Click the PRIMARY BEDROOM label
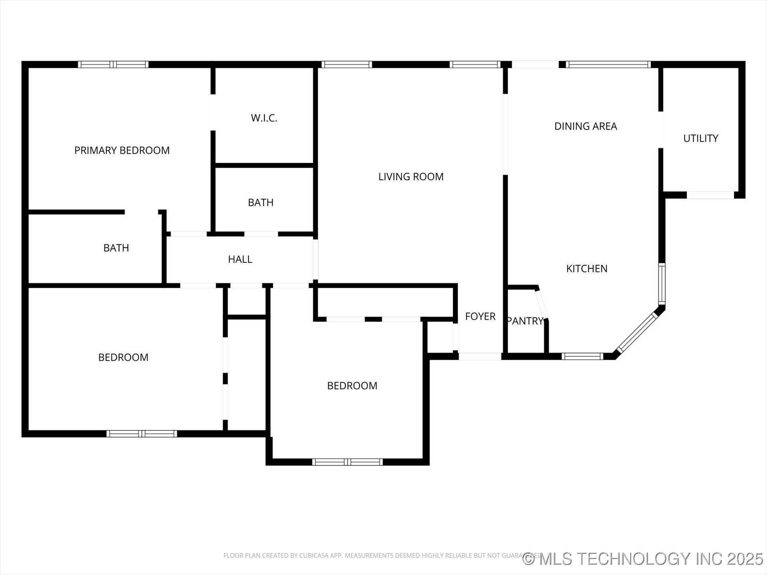(x=122, y=151)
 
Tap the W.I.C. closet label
(x=264, y=118)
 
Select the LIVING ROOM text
(x=411, y=177)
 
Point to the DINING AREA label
(x=586, y=127)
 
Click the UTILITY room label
(x=701, y=139)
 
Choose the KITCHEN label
(x=587, y=269)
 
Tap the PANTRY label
(x=525, y=321)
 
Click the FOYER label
(x=480, y=317)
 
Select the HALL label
(x=240, y=260)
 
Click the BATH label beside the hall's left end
(x=116, y=248)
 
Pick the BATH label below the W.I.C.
(x=260, y=203)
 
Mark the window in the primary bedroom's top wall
(x=113, y=65)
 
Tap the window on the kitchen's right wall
(x=662, y=284)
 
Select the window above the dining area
(x=608, y=65)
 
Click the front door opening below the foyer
(x=480, y=357)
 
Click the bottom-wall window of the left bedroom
(x=141, y=434)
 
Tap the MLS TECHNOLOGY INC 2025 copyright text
(x=643, y=559)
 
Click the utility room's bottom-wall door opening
(x=710, y=195)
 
